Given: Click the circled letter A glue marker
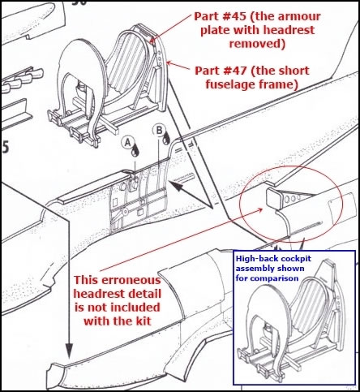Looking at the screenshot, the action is pos(128,142).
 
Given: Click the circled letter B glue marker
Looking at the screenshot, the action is pos(159,130).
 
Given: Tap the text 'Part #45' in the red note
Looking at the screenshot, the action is pos(221,16).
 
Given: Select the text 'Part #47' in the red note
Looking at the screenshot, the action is pos(221,71).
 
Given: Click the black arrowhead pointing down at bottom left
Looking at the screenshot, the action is pos(69,351).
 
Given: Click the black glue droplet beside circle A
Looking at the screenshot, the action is pos(135,152).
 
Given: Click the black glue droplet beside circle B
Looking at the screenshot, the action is pos(166,139).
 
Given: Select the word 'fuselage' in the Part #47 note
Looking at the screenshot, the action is pos(229,84).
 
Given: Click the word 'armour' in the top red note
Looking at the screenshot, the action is pos(299,17).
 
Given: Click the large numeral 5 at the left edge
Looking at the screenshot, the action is pos(5,148).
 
